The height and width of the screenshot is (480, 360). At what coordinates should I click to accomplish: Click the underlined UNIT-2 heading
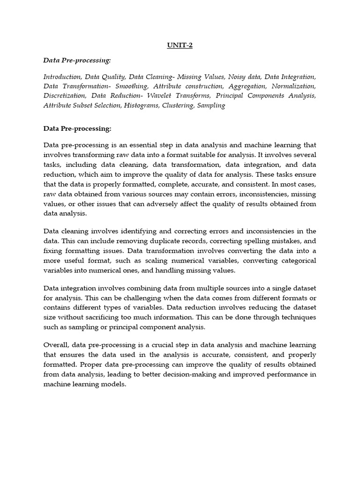180,45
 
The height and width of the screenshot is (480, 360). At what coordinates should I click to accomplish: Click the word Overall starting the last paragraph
57,345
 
